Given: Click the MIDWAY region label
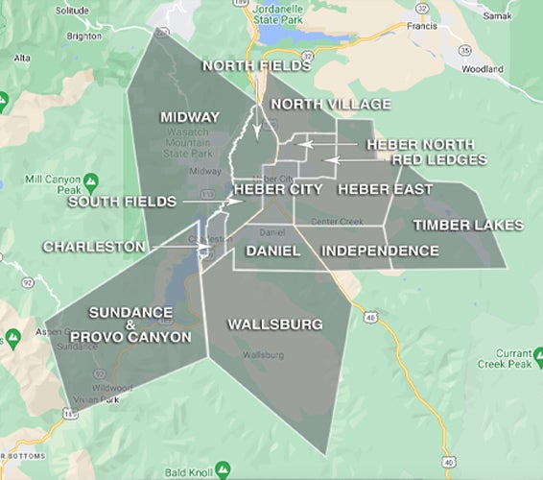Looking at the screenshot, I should pyautogui.click(x=189, y=117).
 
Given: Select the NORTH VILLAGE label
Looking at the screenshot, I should pyautogui.click(x=330, y=104).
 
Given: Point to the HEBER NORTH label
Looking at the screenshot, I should pyautogui.click(x=419, y=144).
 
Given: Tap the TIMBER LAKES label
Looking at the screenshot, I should pyautogui.click(x=468, y=226).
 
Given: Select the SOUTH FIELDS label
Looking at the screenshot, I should pyautogui.click(x=122, y=202).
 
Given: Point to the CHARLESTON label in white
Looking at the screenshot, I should pyautogui.click(x=94, y=247).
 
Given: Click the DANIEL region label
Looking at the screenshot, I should pyautogui.click(x=272, y=251).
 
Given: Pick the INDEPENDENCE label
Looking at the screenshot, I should pyautogui.click(x=380, y=251).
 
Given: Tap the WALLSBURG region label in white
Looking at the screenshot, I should pyautogui.click(x=274, y=324).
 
